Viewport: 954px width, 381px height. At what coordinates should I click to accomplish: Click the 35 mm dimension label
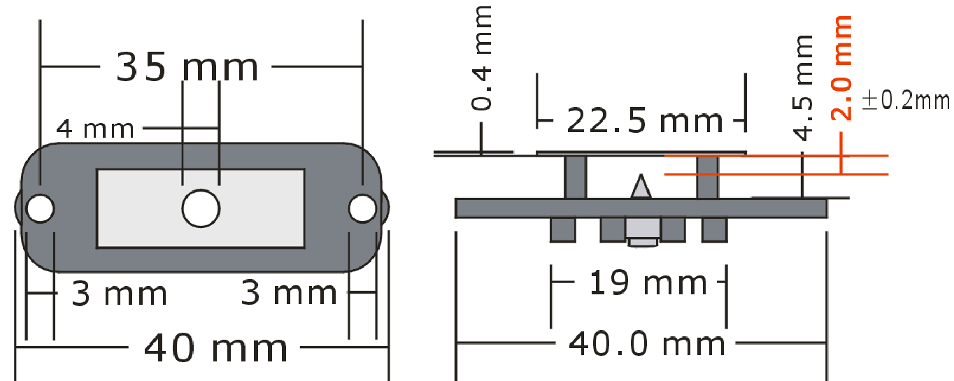click(187, 67)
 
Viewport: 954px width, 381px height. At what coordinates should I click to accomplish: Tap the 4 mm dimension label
click(95, 129)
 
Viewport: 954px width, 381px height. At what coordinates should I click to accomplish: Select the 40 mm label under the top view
click(215, 348)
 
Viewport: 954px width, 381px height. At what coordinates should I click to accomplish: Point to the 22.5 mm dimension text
click(645, 121)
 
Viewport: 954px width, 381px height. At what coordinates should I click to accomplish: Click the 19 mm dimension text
click(648, 282)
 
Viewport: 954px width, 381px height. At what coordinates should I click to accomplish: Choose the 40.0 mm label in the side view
click(646, 345)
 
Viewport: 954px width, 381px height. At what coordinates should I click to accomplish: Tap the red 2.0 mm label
click(841, 68)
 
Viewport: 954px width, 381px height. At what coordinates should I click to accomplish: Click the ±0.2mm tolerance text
click(906, 101)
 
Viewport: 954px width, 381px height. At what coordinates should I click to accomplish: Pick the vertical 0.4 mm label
click(482, 58)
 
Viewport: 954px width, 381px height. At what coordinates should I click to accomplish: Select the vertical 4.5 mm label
click(803, 87)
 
